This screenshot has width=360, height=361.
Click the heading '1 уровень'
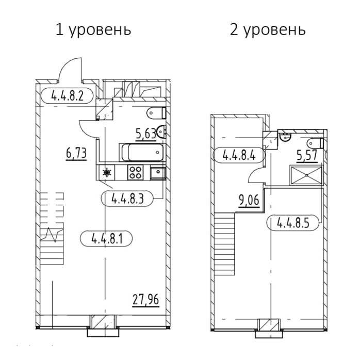(93, 30)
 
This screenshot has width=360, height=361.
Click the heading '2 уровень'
(268, 30)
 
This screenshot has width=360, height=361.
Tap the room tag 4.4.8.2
(67, 96)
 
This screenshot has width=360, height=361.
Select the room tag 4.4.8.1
(106, 238)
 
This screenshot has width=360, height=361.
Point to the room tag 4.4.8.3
(127, 199)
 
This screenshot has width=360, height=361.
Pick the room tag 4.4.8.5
(293, 223)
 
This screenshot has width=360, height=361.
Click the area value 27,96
(146, 300)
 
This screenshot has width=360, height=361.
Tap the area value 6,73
(76, 153)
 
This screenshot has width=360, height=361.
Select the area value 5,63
(146, 134)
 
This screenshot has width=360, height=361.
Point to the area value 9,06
(249, 201)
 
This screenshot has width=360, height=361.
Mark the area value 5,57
(307, 156)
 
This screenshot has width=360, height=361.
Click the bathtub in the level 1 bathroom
(142, 153)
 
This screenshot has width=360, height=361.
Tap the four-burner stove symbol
(135, 172)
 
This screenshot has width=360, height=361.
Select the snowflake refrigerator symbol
(107, 172)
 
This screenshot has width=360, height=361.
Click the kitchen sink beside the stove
(158, 172)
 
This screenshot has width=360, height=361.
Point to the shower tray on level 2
(306, 175)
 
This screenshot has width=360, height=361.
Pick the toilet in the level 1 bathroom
(156, 113)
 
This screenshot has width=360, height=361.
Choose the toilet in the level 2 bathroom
(316, 143)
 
